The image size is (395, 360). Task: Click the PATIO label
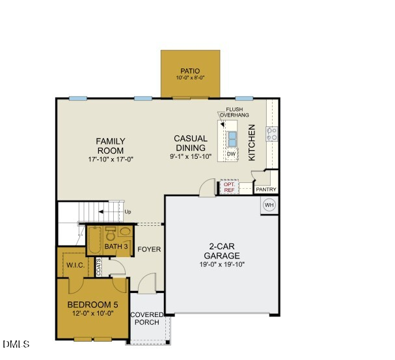[x=190, y=71]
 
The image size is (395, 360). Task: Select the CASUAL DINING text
[x=191, y=143]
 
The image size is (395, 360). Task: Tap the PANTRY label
[x=266, y=190]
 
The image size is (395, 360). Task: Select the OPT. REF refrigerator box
[x=229, y=187]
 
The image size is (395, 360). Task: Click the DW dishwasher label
[x=231, y=154]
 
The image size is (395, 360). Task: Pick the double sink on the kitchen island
[x=232, y=137]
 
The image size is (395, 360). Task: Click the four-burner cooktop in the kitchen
[x=272, y=135]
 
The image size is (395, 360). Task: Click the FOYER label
[x=149, y=249]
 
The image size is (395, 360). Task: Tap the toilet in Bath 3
[x=109, y=234]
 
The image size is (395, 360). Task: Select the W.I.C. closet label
[x=75, y=265]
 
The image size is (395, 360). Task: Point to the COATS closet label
[x=98, y=267]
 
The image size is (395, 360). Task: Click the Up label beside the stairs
[x=128, y=212]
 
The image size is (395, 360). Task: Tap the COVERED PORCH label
[x=147, y=318]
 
